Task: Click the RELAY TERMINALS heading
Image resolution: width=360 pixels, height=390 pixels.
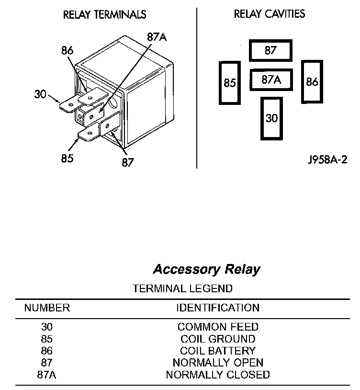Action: pos(104,14)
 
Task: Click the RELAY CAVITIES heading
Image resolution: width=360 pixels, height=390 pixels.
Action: pos(270,14)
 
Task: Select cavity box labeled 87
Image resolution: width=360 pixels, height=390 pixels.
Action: pos(270,50)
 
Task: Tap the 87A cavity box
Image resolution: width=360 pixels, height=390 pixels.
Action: pos(271,80)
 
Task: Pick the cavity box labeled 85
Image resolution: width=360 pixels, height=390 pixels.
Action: pos(230,83)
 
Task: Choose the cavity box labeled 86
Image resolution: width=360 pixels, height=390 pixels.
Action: pos(312,81)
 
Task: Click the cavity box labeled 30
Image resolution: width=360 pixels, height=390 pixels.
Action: pos(271,118)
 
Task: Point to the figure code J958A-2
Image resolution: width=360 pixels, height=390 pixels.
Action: pos(327,160)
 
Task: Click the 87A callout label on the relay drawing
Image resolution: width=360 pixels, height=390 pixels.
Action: pos(157,37)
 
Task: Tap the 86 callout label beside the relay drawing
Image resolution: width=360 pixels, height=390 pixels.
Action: pos(67,50)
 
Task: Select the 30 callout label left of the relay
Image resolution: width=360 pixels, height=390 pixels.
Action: pos(40,94)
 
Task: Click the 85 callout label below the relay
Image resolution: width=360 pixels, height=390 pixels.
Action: pos(67,158)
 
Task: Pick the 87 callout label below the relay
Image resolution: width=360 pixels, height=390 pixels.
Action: pos(128,162)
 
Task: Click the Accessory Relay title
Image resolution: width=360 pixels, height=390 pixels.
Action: pos(207,270)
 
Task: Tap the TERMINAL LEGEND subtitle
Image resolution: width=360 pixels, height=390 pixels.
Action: pos(182,288)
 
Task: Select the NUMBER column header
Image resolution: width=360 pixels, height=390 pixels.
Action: pos(47,308)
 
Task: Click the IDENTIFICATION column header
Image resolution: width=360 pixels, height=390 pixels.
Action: pos(218,308)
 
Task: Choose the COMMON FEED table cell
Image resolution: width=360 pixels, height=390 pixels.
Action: pos(218,327)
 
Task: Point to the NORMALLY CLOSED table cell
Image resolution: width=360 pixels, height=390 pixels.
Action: pos(218,375)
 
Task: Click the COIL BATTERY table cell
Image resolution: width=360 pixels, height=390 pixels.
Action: pos(218,351)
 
